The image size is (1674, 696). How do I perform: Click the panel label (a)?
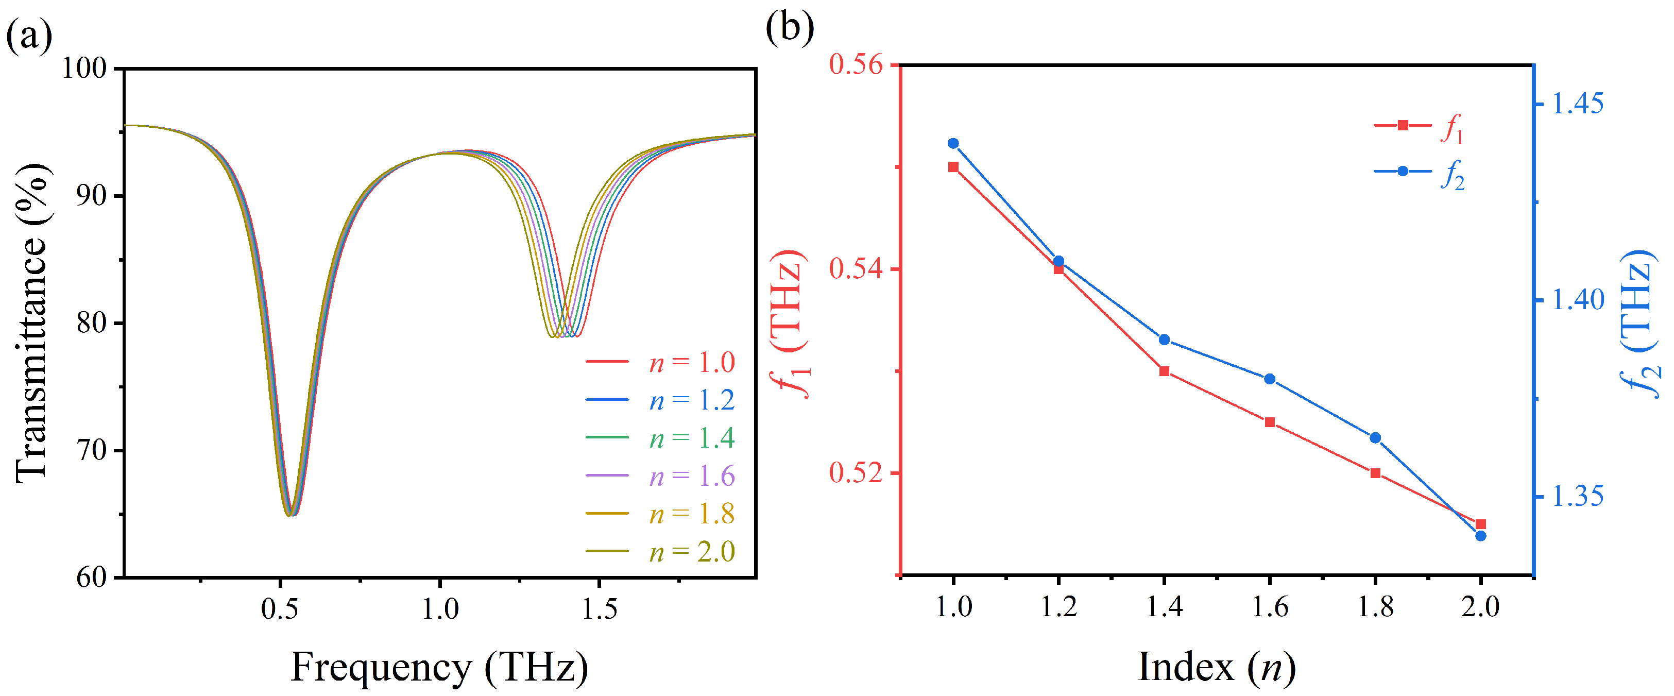click(x=29, y=36)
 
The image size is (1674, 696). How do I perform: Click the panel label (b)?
click(x=790, y=27)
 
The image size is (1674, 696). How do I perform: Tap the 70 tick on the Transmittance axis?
click(x=91, y=450)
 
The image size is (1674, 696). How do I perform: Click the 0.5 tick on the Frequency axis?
click(x=280, y=609)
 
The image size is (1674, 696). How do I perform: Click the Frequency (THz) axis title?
click(x=439, y=667)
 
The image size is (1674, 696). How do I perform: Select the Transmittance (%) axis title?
click(x=31, y=322)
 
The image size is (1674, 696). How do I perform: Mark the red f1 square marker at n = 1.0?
click(x=953, y=167)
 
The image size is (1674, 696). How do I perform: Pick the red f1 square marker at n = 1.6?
click(x=1270, y=422)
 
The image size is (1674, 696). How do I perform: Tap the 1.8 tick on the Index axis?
click(x=1375, y=607)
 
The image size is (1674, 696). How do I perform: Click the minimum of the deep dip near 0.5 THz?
click(x=291, y=515)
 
